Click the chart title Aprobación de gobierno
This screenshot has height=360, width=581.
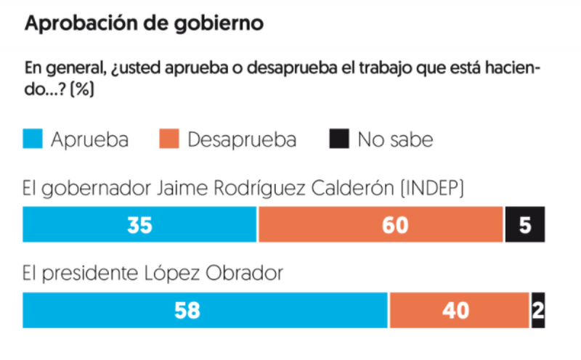[143, 23]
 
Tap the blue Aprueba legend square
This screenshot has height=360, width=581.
[34, 138]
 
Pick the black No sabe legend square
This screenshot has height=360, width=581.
[339, 138]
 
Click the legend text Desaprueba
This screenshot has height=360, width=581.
[242, 139]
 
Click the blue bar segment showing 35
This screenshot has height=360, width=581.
[140, 225]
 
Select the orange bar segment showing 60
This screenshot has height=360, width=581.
[381, 225]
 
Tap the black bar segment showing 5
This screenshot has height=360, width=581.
[525, 225]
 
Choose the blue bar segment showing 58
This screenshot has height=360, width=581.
[206, 310]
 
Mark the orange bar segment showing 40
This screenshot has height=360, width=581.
[459, 310]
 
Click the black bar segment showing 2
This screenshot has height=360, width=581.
[538, 310]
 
